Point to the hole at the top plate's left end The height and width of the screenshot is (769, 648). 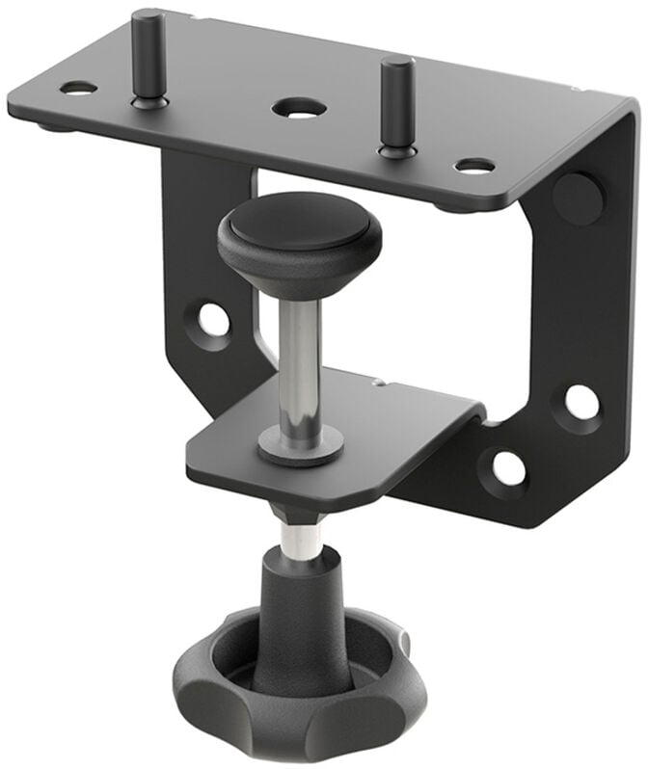(x=78, y=88)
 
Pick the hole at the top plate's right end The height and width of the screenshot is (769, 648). (x=474, y=166)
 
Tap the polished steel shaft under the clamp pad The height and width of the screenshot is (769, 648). (x=300, y=361)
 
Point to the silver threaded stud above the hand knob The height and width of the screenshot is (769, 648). (x=302, y=539)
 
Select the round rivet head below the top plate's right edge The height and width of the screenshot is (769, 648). (x=578, y=197)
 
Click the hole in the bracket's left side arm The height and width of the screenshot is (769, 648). (x=213, y=319)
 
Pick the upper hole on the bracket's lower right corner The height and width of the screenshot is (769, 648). (x=581, y=402)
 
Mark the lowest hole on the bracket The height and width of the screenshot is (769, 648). (x=508, y=468)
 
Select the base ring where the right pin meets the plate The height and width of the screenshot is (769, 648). (x=396, y=151)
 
